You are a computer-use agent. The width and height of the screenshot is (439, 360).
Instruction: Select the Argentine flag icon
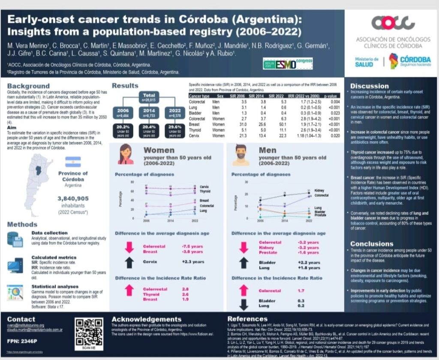(x=73, y=162)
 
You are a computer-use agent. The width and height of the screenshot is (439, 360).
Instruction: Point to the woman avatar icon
(x=126, y=154)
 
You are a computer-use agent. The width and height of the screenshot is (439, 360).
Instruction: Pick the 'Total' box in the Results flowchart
(x=149, y=97)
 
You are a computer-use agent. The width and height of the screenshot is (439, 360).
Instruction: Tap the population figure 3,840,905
(x=73, y=198)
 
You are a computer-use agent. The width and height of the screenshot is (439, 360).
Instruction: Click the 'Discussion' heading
(x=369, y=86)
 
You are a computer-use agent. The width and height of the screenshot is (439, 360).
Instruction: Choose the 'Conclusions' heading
(x=372, y=244)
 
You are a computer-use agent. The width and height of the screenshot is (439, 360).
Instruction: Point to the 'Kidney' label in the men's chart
(x=319, y=190)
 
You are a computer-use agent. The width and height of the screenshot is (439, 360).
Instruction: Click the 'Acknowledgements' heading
(x=146, y=319)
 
